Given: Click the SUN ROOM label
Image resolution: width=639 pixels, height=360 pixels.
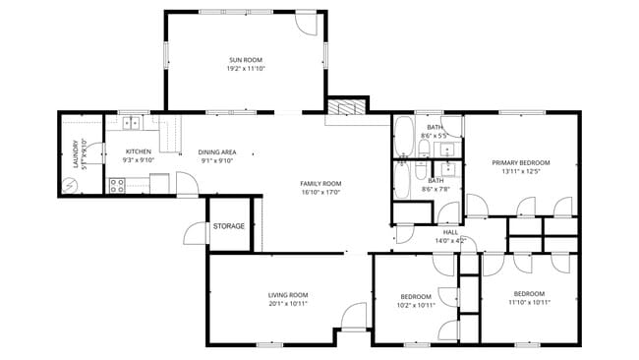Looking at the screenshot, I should point(247,60).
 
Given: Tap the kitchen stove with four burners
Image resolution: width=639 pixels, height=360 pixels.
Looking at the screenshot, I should point(116,183).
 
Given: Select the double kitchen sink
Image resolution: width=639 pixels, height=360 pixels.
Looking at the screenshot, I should point(132,124).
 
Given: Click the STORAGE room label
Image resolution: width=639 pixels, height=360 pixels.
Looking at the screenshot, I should point(229,226).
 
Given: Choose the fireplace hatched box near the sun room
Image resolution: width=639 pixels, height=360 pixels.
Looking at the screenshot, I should point(346,107).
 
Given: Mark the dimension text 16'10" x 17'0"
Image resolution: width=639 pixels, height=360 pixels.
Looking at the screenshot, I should point(319,193).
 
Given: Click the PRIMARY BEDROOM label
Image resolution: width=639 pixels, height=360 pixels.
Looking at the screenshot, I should point(520,162).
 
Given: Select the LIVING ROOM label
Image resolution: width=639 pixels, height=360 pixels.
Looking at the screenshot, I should point(288,294).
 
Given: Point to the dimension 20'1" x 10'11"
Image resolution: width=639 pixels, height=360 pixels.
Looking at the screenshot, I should point(288,304).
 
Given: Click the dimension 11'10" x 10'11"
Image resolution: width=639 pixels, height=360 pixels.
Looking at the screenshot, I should point(530,303).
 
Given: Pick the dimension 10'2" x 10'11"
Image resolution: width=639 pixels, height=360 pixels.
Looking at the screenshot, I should point(416,305).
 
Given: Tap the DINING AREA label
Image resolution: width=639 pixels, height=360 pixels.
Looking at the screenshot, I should point(216,151).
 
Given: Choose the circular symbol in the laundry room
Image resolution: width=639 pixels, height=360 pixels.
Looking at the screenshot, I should point(69,184).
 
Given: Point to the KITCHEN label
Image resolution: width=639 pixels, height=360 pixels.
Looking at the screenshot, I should point(138,151).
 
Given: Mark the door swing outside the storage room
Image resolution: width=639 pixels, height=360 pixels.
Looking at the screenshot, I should point(194,233).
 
